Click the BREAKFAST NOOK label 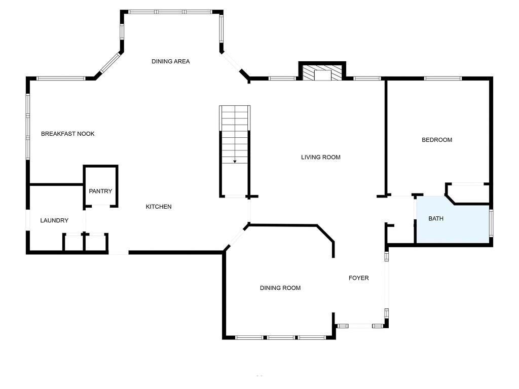[x=68, y=134]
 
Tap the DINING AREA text [x=171, y=61]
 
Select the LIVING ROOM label [x=321, y=157]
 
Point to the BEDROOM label [x=437, y=140]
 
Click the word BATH [x=436, y=218]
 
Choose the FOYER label [x=359, y=278]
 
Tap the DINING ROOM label [x=280, y=288]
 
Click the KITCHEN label [x=159, y=207]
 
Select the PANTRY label [x=101, y=191]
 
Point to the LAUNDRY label [x=54, y=220]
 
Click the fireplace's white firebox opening [x=322, y=75]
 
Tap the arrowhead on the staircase [x=235, y=162]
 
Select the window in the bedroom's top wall [x=443, y=79]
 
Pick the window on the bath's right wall [x=491, y=223]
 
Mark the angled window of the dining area [x=110, y=62]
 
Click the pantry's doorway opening [x=101, y=206]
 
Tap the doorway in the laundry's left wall [x=28, y=220]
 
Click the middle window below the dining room [x=281, y=337]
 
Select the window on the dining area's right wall [x=221, y=29]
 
